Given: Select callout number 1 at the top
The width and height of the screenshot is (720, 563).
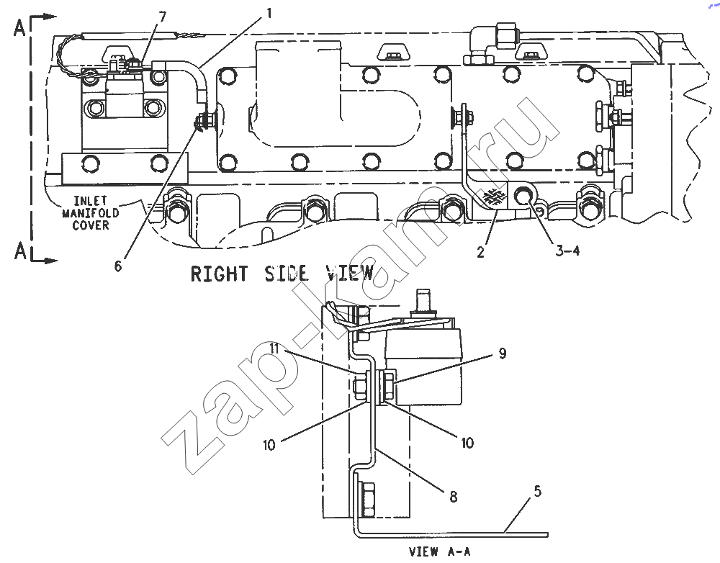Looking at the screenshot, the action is click(269, 13).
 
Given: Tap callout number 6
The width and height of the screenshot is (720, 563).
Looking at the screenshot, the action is click(119, 266).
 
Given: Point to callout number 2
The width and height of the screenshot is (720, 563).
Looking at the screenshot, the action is click(480, 252).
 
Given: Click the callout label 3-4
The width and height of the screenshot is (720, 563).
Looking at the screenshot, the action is click(567, 251).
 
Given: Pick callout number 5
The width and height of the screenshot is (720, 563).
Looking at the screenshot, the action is click(538, 492).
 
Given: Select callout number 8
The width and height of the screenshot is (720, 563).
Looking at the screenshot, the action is click(453, 497).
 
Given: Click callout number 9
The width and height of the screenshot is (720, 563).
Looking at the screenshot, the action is click(503, 353).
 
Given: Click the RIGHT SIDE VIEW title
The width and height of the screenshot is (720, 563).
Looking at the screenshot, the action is click(282, 274).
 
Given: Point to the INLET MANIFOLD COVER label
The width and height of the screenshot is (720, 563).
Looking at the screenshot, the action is click(91, 213).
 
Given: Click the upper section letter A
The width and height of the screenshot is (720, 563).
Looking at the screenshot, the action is click(19, 28).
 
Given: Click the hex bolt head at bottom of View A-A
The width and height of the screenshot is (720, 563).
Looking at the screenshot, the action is click(367, 499).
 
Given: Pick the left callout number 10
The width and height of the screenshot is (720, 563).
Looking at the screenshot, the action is click(269, 444).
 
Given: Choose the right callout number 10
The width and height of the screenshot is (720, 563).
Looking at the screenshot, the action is click(467, 443).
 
